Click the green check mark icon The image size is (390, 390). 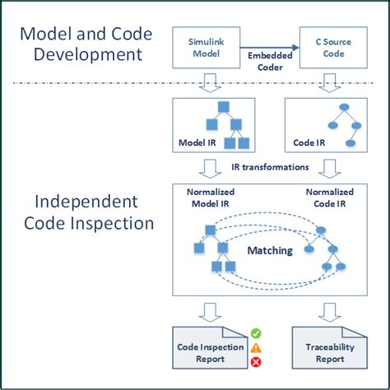(x=256, y=334)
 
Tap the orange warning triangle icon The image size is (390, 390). (x=256, y=348)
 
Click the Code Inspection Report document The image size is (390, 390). (x=211, y=352)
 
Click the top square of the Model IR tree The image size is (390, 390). (x=223, y=107)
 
